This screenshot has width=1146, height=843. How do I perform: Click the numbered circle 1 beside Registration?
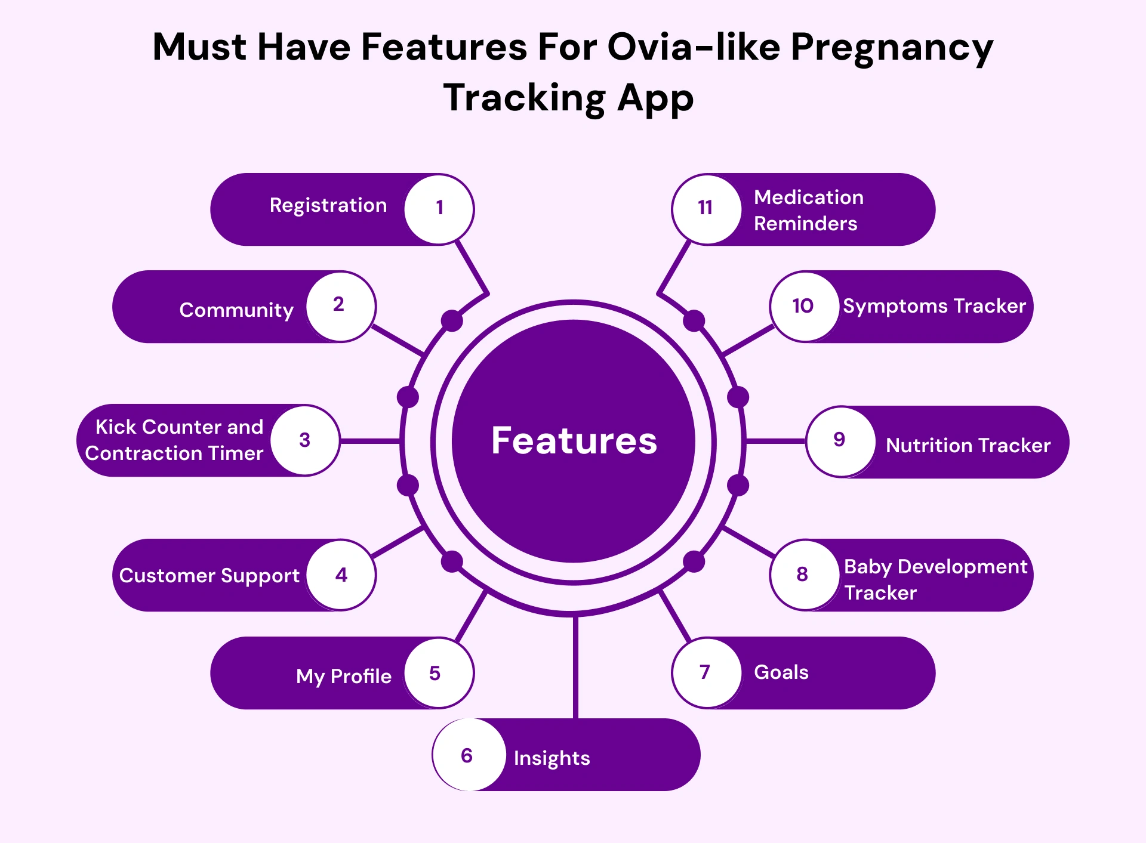(439, 209)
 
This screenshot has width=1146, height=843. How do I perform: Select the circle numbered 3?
(305, 440)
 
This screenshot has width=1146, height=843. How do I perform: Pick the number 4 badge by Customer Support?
(341, 575)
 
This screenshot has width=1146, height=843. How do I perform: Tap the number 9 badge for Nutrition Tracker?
(840, 441)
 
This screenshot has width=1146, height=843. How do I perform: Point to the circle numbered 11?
(706, 209)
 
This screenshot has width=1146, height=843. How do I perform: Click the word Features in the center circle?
(574, 441)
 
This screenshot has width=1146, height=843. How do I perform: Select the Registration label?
(328, 206)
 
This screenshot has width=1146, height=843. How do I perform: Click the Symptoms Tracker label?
(934, 306)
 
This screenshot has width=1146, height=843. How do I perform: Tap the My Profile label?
(343, 676)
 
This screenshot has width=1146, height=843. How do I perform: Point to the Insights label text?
(552, 758)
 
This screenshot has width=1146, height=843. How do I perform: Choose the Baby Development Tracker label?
(935, 579)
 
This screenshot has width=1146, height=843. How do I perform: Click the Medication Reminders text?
(808, 210)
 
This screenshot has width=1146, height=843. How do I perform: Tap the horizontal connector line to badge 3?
(369, 441)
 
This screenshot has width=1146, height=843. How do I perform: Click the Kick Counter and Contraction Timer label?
(174, 440)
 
